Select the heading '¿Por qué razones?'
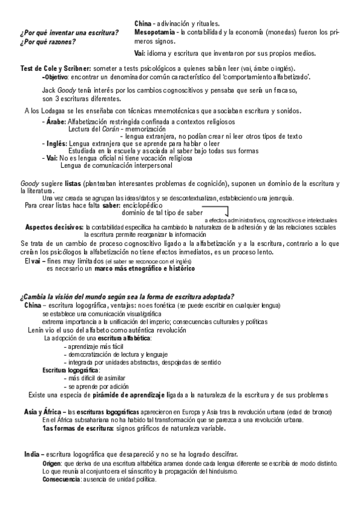point(47,42)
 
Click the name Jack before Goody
point(49,90)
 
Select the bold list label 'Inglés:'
point(56,144)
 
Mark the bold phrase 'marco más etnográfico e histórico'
point(140,269)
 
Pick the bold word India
point(32,453)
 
